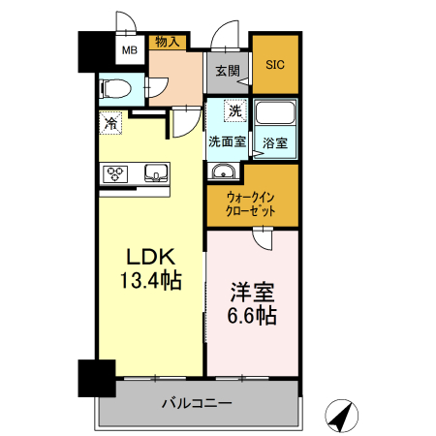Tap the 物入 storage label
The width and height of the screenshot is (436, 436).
pyautogui.click(x=167, y=41)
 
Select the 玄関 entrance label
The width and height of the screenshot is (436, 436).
pyautogui.click(x=227, y=70)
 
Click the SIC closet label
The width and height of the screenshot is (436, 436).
pyautogui.click(x=275, y=64)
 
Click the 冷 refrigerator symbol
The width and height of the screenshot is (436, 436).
pyautogui.click(x=110, y=124)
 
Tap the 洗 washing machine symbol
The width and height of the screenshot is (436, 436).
pyautogui.click(x=234, y=111)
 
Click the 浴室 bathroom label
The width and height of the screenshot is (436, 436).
pyautogui.click(x=275, y=142)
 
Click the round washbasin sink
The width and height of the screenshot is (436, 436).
pyautogui.click(x=224, y=172)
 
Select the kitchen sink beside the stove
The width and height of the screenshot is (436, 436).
pyautogui.click(x=156, y=174)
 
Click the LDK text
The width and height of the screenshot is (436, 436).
pyautogui.click(x=151, y=258)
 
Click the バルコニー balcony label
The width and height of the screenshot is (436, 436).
pyautogui.click(x=196, y=402)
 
